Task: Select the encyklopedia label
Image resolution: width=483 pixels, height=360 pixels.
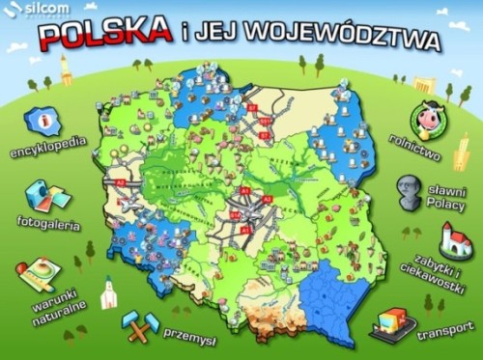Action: click(x=47, y=152)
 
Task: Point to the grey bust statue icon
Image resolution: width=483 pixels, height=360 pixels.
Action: click(x=406, y=190)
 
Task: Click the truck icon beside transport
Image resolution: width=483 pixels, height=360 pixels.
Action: click(x=392, y=321)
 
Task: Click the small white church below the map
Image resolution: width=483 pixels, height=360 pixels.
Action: click(x=108, y=291)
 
